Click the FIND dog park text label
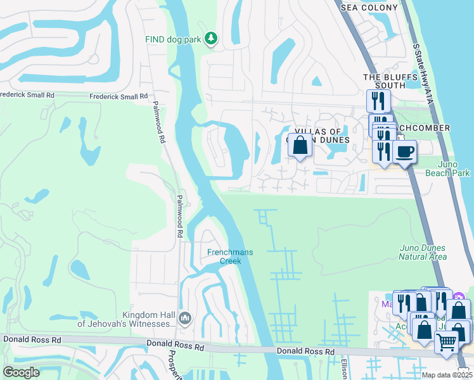173,39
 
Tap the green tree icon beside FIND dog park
212,39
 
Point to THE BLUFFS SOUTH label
383,81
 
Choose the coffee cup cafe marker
404,151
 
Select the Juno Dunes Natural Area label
423,252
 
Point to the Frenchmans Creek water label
230,256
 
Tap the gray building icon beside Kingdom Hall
185,318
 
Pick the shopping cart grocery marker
446,343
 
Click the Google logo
21,372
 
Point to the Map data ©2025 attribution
446,375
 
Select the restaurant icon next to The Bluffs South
378,100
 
